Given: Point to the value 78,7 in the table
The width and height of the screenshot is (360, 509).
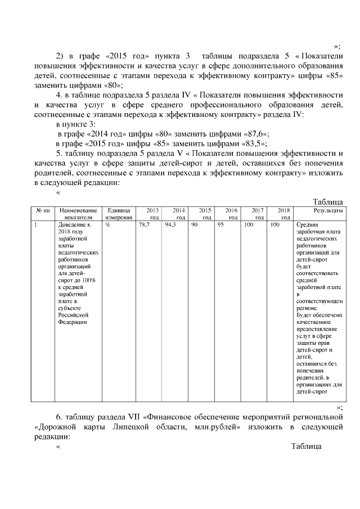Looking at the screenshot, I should [x=144, y=225].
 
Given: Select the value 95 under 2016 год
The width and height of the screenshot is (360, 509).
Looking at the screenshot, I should [x=220, y=225].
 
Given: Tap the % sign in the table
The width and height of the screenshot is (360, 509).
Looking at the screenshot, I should [x=107, y=225].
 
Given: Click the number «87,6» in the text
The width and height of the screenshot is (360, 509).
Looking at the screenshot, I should [x=256, y=133].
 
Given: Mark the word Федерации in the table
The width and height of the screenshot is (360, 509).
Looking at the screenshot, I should [x=69, y=323].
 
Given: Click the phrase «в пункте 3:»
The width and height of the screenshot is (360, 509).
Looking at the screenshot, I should [x=79, y=124].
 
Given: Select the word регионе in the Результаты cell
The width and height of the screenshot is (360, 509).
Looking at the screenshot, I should [x=307, y=308].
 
